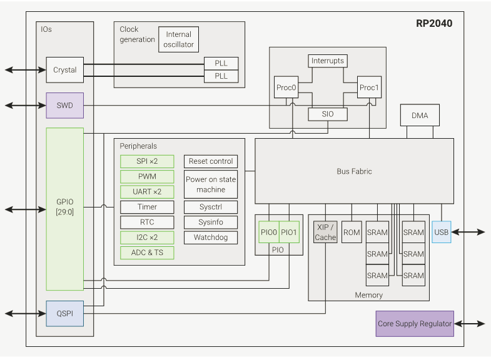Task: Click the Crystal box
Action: [64, 70]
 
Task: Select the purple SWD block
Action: [64, 106]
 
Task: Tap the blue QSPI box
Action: [64, 313]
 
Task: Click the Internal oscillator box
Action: [179, 39]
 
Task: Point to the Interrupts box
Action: [328, 61]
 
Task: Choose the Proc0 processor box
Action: [286, 87]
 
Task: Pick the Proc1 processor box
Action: [369, 87]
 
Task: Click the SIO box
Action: [328, 114]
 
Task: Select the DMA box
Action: [420, 116]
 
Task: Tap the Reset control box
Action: [211, 161]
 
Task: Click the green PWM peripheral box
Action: [147, 176]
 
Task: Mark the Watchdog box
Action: [211, 237]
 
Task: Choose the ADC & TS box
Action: [147, 252]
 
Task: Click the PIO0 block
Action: [268, 232]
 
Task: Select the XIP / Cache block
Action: [325, 232]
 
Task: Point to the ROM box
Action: [352, 232]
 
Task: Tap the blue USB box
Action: [441, 232]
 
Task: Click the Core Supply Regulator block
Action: [415, 324]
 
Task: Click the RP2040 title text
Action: [434, 24]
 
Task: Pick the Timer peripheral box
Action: [147, 207]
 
